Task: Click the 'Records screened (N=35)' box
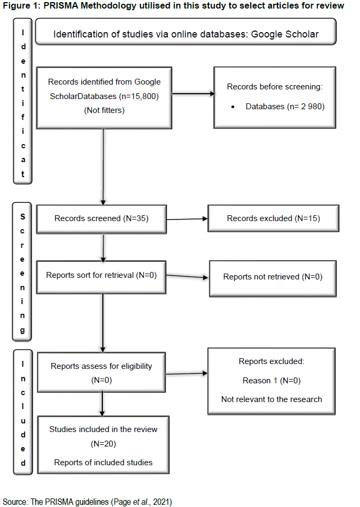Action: click(102, 219)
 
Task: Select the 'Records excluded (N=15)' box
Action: click(273, 218)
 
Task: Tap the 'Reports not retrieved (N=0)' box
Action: click(273, 278)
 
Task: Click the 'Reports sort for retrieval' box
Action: click(101, 277)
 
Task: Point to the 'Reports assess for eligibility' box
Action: click(102, 372)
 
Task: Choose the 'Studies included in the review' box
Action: click(103, 445)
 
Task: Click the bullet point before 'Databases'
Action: click(232, 107)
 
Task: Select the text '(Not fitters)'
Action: click(104, 110)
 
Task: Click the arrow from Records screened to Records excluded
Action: click(187, 219)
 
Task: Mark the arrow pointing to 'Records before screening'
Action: click(193, 94)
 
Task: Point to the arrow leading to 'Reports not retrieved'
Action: click(187, 276)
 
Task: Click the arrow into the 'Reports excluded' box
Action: click(186, 374)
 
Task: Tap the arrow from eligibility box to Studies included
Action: click(102, 404)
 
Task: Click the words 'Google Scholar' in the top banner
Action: click(284, 34)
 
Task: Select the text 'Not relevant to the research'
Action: click(272, 399)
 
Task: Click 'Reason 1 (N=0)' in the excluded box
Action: click(272, 381)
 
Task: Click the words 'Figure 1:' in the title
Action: click(21, 5)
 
